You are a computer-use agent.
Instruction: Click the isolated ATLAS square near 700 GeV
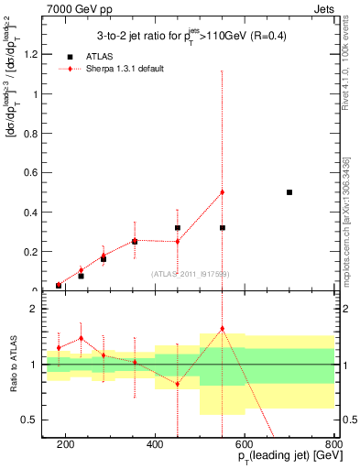click(289, 192)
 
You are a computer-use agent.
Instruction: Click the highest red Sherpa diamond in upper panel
click(223, 192)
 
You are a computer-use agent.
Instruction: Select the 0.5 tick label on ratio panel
click(38, 420)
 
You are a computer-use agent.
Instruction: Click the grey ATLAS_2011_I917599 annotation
click(191, 274)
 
